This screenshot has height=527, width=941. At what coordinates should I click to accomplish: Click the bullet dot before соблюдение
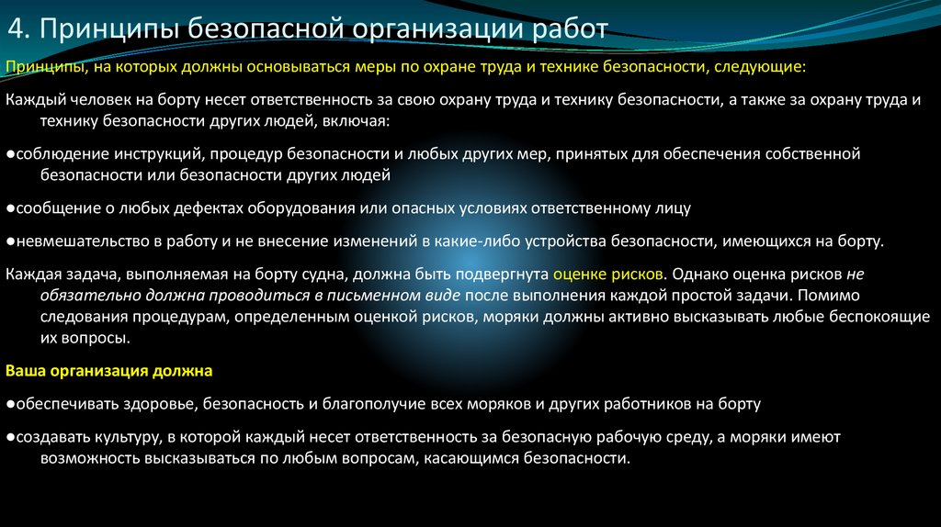(x=9, y=153)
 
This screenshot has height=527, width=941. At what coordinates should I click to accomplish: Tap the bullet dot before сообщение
(x=9, y=207)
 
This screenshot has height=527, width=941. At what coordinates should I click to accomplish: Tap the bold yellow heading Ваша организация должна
(x=108, y=371)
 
